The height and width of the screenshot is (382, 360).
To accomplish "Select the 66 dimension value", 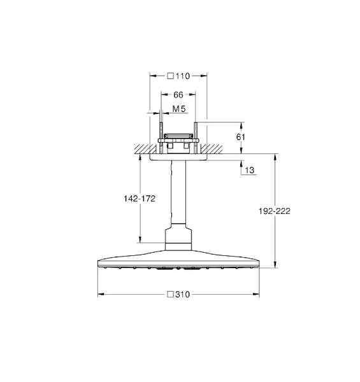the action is [178, 95].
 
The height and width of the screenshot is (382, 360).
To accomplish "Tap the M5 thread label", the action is [179, 109].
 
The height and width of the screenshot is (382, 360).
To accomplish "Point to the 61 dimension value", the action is [241, 137].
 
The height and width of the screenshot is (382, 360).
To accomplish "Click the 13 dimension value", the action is [249, 170].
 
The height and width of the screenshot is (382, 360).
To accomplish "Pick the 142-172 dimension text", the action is [140, 199].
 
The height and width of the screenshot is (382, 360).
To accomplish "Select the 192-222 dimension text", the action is [275, 211].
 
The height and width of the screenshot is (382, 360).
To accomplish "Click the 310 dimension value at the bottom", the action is [183, 295].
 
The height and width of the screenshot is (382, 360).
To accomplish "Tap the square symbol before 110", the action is [171, 76].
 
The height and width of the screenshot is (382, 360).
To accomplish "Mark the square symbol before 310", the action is [170, 294].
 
